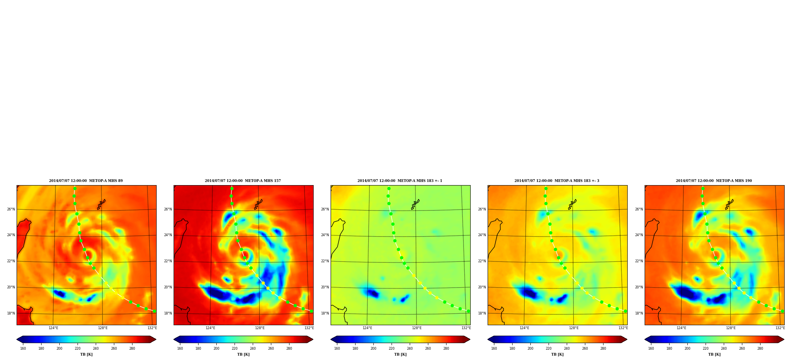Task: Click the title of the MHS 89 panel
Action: (86, 181)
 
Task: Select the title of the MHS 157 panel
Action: (243, 181)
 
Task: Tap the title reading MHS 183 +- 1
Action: (400, 181)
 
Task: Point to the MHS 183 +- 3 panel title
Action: (557, 181)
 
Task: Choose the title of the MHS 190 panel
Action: (714, 181)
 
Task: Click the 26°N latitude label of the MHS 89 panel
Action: (11, 209)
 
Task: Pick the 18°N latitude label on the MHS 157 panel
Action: (168, 313)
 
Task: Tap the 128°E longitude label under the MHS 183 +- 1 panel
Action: (417, 328)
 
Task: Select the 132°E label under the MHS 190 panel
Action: (780, 328)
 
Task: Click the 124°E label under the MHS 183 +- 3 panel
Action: (524, 328)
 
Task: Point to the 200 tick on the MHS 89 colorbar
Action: (59, 349)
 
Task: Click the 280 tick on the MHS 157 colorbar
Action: (289, 349)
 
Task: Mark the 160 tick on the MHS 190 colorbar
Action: (651, 349)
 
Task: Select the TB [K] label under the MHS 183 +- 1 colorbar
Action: (400, 354)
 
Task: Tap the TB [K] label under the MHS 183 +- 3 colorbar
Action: (557, 354)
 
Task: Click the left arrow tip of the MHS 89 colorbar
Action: (17, 339)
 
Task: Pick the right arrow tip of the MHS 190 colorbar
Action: (784, 339)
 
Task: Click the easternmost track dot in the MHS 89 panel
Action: (154, 311)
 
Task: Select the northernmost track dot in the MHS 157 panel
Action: (232, 188)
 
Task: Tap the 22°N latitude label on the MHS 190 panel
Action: (639, 261)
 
